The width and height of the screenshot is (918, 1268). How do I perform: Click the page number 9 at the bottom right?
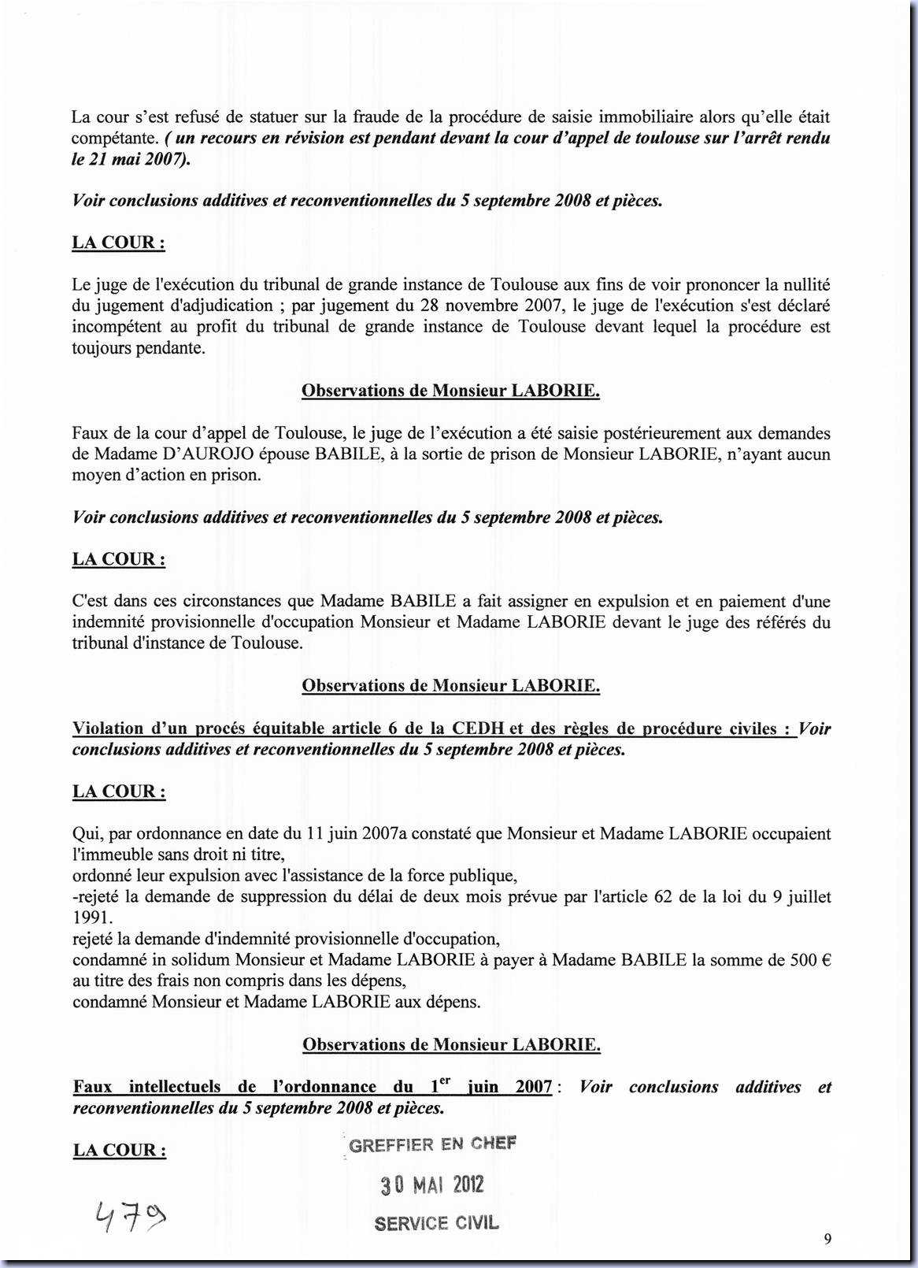tap(827, 1239)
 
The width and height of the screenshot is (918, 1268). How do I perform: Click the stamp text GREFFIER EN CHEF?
tap(433, 1144)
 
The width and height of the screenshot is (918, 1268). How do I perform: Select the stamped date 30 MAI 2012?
tap(432, 1185)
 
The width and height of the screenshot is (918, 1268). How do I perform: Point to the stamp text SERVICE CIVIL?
tap(437, 1223)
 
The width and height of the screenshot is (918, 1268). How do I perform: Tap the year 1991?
tap(92, 918)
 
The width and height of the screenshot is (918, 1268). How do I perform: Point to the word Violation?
tap(108, 729)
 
